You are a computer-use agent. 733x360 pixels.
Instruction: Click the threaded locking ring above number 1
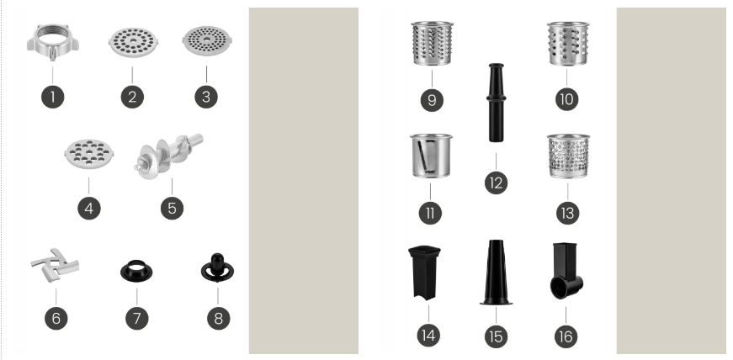tap(52, 43)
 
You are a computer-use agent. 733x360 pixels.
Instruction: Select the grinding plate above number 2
tap(133, 42)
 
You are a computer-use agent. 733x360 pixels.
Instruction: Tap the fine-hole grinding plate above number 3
tap(207, 41)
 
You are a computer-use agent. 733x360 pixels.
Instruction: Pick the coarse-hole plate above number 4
tap(89, 153)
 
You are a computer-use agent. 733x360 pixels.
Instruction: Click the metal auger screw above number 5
tap(168, 156)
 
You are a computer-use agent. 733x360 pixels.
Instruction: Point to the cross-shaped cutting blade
tap(56, 265)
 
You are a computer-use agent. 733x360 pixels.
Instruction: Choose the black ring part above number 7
tap(136, 271)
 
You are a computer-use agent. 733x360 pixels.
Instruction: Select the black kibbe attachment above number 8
tap(217, 268)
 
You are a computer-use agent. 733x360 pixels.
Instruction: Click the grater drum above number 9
tap(432, 44)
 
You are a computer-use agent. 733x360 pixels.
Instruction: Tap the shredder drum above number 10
tap(568, 44)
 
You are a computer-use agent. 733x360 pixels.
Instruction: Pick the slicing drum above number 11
tap(431, 156)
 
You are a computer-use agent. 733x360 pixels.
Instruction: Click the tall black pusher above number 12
tap(496, 103)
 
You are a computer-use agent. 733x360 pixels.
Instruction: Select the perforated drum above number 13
tap(568, 156)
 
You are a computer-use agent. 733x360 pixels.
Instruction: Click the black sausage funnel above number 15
tap(496, 273)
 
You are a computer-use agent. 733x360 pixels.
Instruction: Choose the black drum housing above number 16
tap(566, 271)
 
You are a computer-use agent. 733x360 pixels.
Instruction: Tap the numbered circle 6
tap(56, 319)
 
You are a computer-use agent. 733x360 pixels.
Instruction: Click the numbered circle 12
tap(497, 183)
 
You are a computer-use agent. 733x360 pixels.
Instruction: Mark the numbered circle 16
tap(566, 336)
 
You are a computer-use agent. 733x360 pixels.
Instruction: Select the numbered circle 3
tap(206, 97)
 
